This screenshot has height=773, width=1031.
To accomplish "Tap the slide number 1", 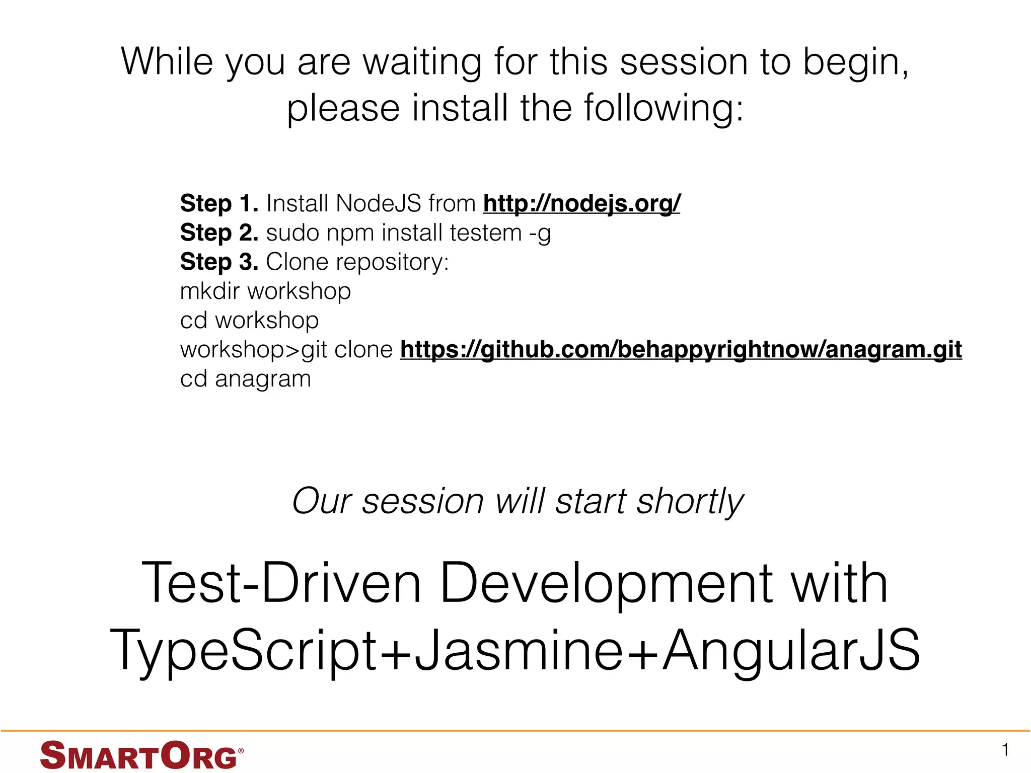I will (x=1005, y=750).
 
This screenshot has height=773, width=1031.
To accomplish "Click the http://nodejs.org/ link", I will (x=581, y=204).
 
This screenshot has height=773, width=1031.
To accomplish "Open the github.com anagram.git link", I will (x=681, y=350).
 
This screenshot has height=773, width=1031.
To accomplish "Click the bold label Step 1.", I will (x=219, y=204).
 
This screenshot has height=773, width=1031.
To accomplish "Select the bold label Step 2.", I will (x=219, y=233).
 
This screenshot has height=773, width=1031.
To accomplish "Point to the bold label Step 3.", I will (x=219, y=262).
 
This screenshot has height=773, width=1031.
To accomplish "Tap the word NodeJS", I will (x=378, y=204).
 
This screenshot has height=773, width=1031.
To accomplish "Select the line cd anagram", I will (x=245, y=379).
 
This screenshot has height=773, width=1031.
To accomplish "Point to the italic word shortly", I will (x=689, y=502).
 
